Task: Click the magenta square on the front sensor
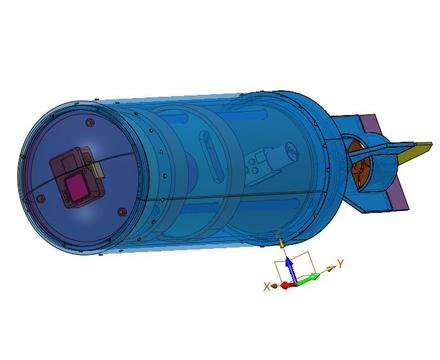point(78,188)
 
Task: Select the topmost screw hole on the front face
point(89,123)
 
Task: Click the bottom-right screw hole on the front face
point(122,211)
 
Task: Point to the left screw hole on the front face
point(41,198)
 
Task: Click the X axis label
point(267,286)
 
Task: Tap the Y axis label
point(340,264)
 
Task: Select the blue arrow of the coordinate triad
point(290,269)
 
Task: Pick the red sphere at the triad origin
point(285,285)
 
